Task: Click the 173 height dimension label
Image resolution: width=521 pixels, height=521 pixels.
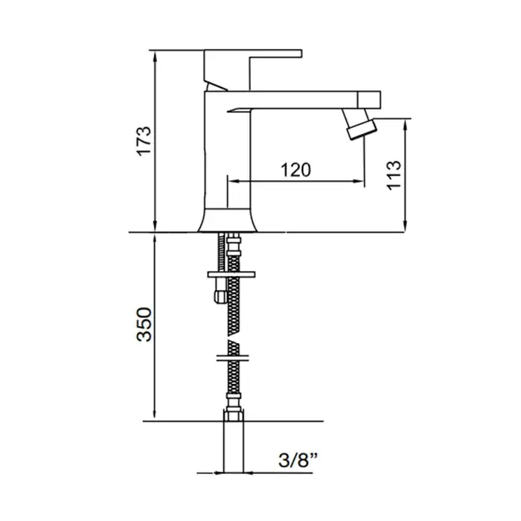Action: (x=144, y=141)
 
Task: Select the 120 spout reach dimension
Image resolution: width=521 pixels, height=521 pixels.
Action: (x=295, y=170)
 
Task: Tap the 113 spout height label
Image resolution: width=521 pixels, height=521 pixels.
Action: (x=394, y=175)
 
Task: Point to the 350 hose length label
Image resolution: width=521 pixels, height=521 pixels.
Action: (x=144, y=324)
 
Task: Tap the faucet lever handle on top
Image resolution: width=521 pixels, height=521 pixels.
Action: (x=252, y=70)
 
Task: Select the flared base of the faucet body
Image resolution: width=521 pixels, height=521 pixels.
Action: (x=228, y=220)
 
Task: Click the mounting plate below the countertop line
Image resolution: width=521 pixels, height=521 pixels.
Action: (x=231, y=275)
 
